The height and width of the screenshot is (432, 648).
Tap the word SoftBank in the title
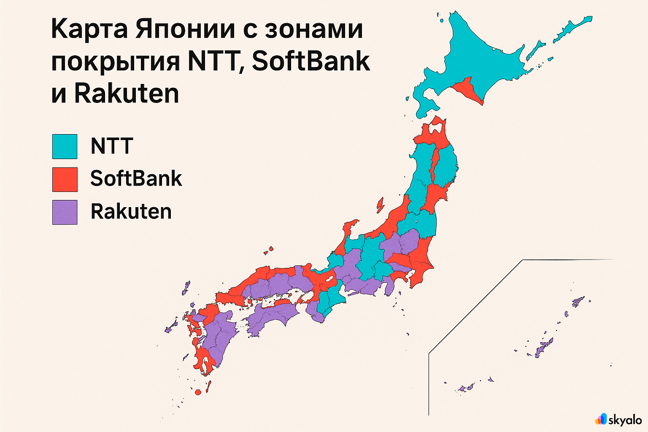(310, 62)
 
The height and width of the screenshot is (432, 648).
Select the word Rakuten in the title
(127, 94)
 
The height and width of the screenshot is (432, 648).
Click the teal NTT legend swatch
(65, 146)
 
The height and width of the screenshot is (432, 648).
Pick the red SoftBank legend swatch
(65, 179)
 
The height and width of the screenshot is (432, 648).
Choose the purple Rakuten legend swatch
(65, 212)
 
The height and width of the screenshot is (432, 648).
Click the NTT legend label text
(112, 146)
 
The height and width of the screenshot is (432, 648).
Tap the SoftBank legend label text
(136, 179)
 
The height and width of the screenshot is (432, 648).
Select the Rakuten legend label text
(131, 211)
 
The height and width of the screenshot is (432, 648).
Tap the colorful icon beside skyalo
(601, 418)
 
